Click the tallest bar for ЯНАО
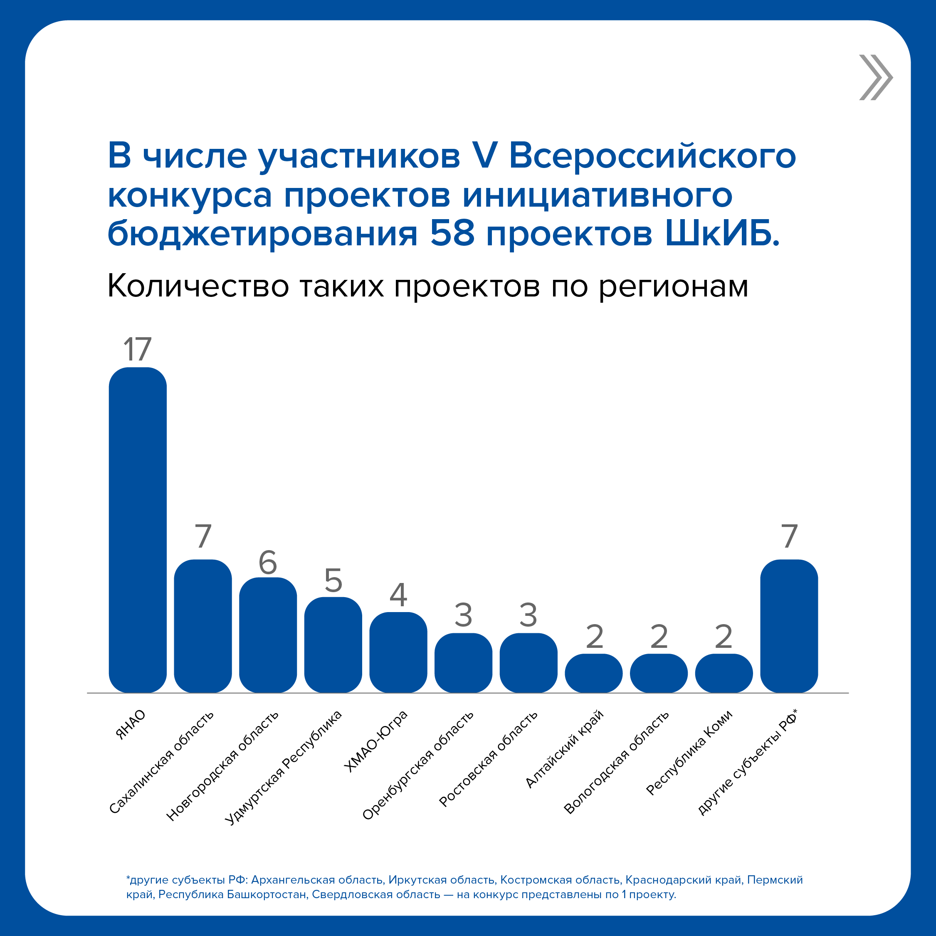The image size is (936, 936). click(x=138, y=530)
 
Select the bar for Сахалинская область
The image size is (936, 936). click(x=203, y=626)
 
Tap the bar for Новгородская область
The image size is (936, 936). click(x=268, y=635)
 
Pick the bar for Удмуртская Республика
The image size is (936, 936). click(x=333, y=645)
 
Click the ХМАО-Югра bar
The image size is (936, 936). click(x=398, y=652)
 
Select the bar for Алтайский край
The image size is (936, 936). click(x=593, y=674)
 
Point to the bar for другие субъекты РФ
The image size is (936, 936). click(x=789, y=626)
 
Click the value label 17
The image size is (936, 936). click(x=138, y=349)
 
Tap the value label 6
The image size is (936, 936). click(x=268, y=563)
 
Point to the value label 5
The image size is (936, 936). click(x=333, y=580)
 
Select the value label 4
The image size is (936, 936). click(x=398, y=595)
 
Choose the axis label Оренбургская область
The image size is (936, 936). click(x=417, y=766)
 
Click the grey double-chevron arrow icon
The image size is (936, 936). click(x=875, y=77)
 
